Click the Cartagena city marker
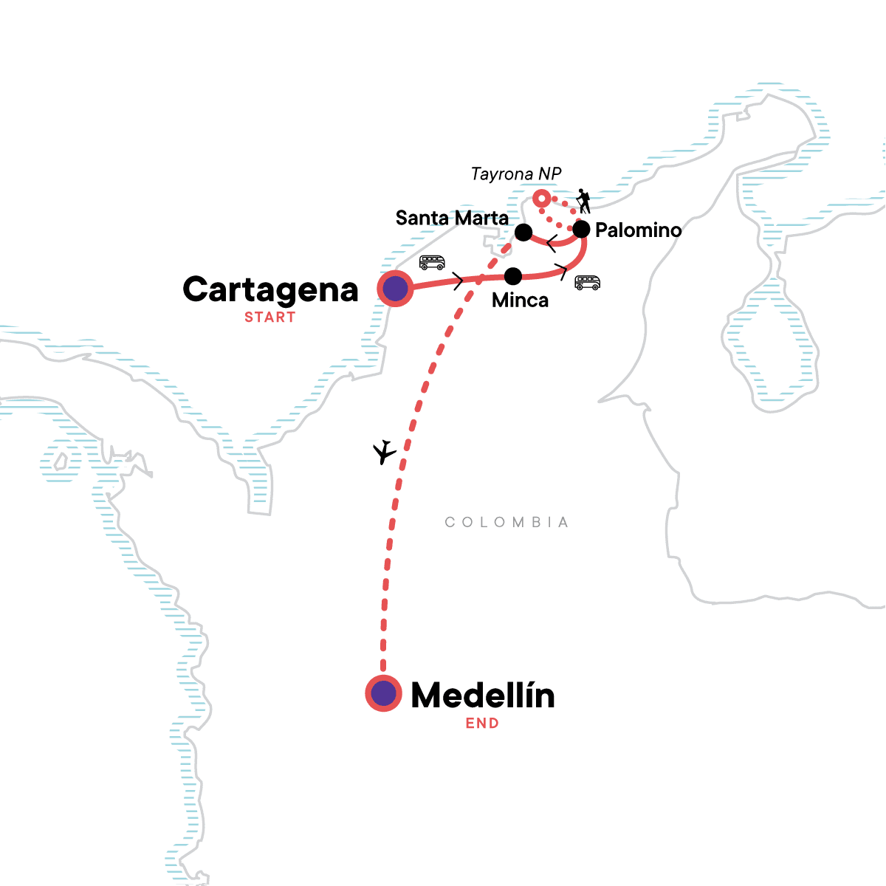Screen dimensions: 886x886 [395, 288]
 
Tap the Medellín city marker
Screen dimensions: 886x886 [383, 693]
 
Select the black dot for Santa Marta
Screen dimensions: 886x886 [523, 233]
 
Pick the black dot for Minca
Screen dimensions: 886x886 [512, 276]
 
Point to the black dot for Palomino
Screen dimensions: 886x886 [581, 230]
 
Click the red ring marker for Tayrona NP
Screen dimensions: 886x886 [542, 198]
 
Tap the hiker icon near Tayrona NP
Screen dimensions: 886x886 [583, 201]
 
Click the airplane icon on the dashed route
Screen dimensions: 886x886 [384, 452]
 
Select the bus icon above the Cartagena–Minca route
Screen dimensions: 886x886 [432, 262]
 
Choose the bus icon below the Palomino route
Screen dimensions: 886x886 [588, 283]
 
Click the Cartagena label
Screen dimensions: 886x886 [270, 289]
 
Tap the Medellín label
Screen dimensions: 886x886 [482, 696]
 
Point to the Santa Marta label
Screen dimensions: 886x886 [452, 218]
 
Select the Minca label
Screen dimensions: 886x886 [520, 301]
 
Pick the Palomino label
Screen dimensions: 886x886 [638, 230]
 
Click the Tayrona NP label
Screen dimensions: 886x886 [516, 174]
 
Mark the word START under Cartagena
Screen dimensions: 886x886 [270, 317]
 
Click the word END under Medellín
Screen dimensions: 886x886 [482, 724]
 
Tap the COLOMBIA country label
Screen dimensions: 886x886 [506, 523]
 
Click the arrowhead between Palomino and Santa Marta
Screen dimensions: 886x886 [551, 241]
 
